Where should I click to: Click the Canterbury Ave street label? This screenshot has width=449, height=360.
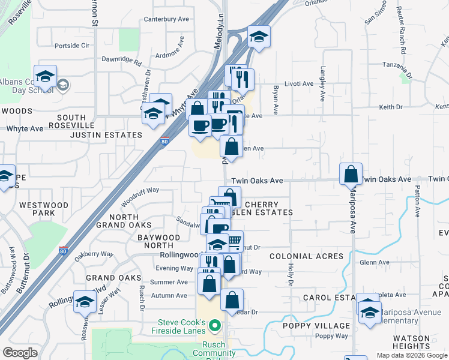pos(171,19)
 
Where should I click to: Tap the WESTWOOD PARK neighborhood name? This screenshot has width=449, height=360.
pos(43,209)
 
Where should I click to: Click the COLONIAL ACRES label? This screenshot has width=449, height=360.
pos(306,256)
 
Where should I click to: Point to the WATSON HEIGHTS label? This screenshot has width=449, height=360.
pos(411,342)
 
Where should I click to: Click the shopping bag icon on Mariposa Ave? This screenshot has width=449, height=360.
pos(351,175)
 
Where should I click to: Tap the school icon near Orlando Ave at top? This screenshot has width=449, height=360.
pos(259,37)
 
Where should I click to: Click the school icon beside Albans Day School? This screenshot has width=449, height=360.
pos(45,76)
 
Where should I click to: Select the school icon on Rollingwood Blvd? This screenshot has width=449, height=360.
pos(85,302)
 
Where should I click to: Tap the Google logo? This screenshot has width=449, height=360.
pos(20,353)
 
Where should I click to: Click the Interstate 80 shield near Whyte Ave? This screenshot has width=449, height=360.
pos(164,142)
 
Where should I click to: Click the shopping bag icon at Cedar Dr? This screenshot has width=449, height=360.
pos(232,300)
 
